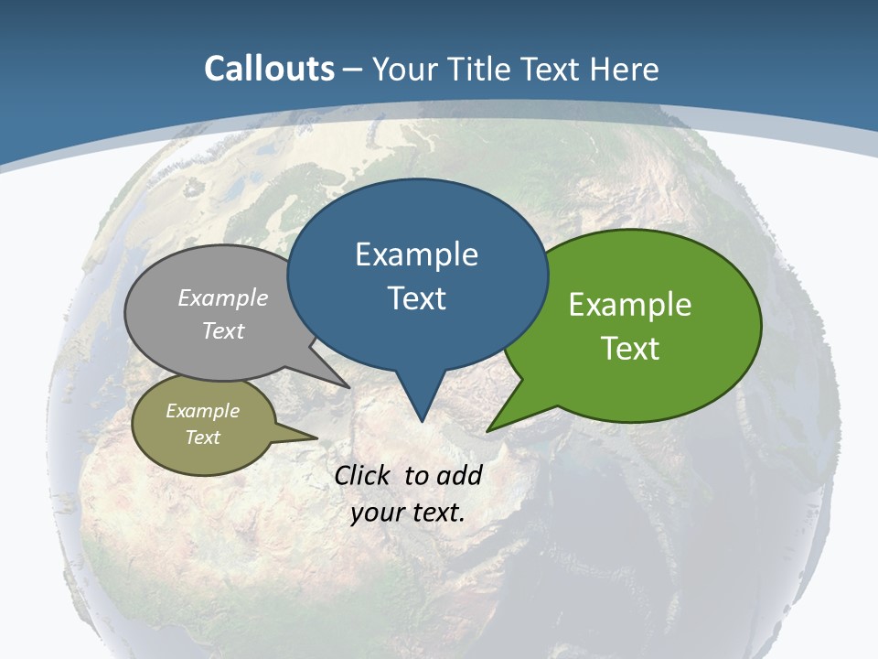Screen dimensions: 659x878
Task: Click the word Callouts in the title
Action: coord(269,70)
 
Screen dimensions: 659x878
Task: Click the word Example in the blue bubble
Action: coord(416,254)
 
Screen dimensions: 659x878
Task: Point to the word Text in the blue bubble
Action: coord(416,298)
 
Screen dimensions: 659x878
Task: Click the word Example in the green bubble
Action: coord(630,305)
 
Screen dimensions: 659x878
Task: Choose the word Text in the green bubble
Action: coord(630,349)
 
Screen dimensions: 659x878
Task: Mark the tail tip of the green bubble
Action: coord(488,429)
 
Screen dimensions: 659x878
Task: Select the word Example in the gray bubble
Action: coord(223,298)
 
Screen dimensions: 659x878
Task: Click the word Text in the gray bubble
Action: coord(223,330)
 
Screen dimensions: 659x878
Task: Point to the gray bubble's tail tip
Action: coord(349,386)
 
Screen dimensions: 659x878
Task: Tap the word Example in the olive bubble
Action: coord(202,411)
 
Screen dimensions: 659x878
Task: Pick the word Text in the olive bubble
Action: coord(202,438)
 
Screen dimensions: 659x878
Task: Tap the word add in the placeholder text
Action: coord(459,475)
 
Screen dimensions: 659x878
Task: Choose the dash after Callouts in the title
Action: coord(353,70)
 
